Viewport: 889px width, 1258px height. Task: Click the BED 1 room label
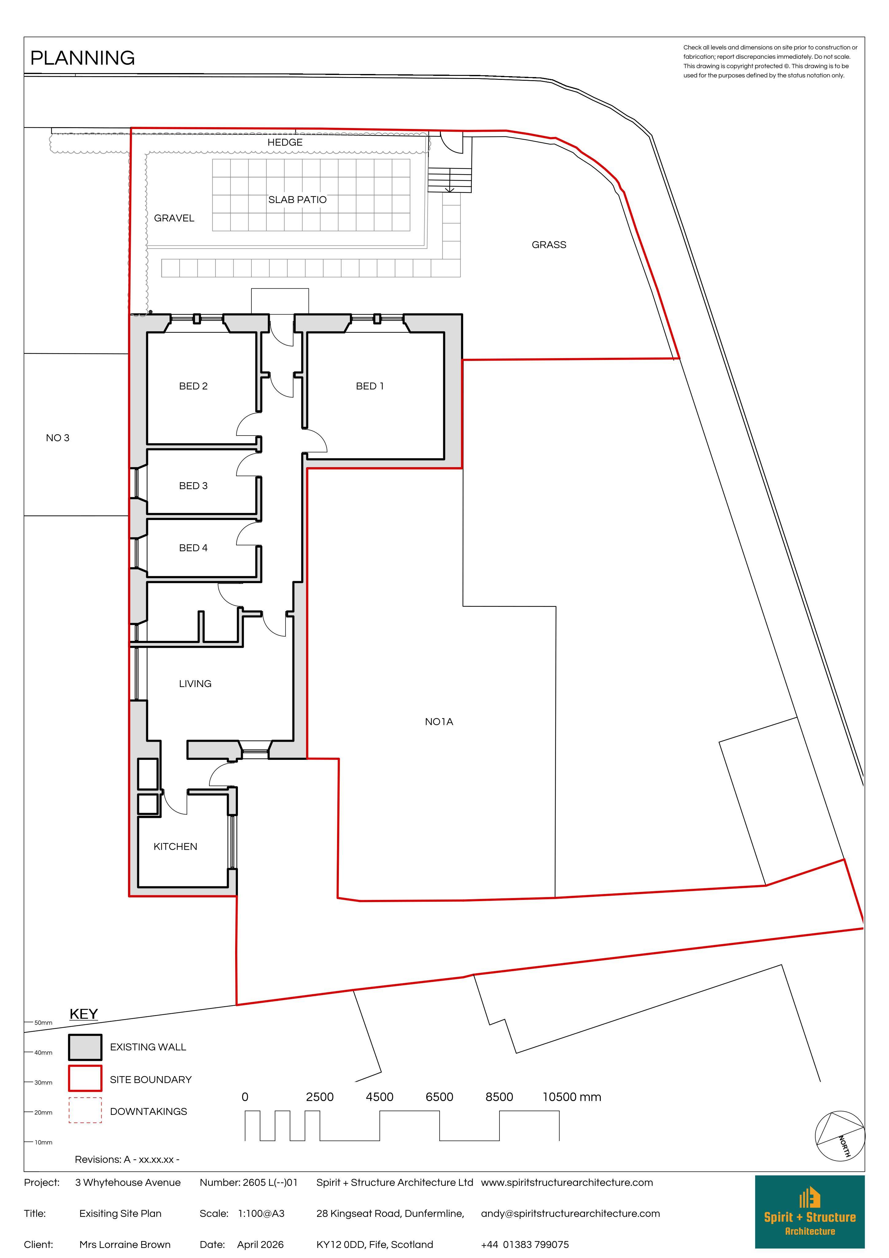coord(370,386)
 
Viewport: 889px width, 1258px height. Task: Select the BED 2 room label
coord(193,386)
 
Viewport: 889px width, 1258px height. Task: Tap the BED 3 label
coord(193,486)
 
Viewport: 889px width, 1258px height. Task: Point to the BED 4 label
coord(193,548)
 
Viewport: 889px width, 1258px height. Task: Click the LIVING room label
coord(195,684)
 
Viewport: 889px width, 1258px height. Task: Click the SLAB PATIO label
coord(297,200)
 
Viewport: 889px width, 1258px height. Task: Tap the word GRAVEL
coord(174,218)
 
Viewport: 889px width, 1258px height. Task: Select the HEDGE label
coord(285,143)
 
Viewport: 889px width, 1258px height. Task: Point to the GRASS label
coord(549,245)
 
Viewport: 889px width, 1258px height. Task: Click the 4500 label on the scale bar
coord(380,1097)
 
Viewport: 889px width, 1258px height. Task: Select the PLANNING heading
coord(83,58)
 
